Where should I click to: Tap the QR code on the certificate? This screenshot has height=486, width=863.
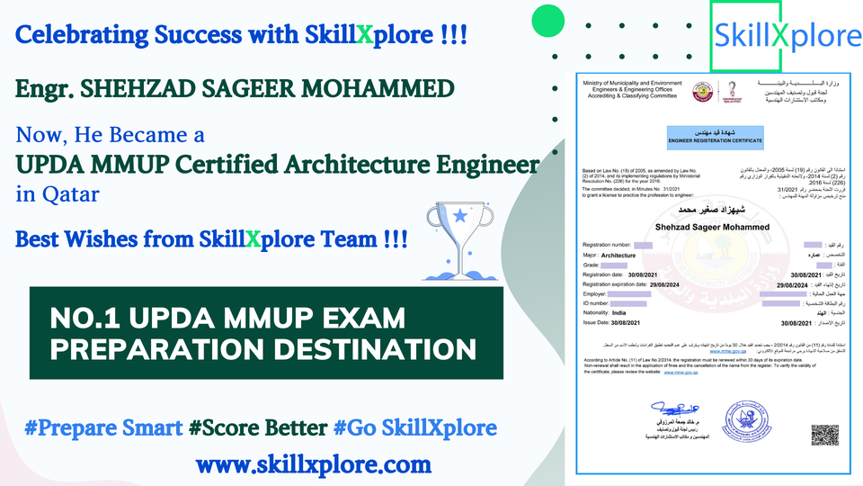click(x=824, y=434)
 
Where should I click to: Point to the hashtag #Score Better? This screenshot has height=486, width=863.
click(x=258, y=427)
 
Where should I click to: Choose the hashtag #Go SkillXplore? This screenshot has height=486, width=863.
click(x=415, y=427)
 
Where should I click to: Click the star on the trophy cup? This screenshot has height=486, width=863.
click(x=461, y=216)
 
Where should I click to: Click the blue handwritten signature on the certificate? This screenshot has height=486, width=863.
click(x=671, y=410)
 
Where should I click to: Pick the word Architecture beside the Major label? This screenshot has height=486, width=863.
click(x=625, y=256)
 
